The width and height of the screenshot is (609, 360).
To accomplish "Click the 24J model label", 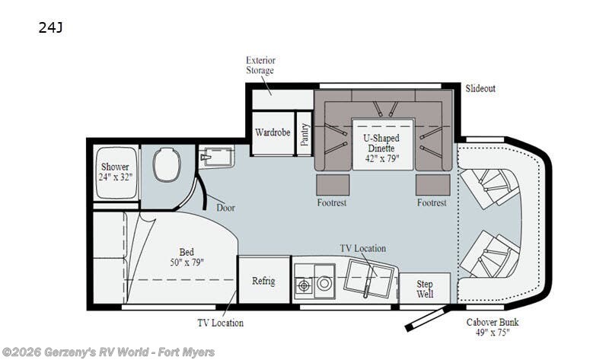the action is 50,27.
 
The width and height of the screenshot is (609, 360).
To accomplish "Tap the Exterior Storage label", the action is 260,65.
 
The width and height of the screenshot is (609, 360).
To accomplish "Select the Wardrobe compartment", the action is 273,133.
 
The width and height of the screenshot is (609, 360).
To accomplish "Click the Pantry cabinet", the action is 304,133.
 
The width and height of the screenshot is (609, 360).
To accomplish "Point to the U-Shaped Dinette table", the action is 383,144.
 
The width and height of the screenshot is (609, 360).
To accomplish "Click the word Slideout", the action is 480,88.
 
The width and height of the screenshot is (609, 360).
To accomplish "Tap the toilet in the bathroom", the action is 167,164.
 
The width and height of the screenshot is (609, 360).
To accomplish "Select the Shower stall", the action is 116,173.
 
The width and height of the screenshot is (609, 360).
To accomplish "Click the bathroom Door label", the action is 225,208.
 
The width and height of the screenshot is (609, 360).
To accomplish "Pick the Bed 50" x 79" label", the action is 187,257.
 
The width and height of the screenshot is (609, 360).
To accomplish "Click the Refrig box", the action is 263,279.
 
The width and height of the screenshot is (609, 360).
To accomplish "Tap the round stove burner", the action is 324,283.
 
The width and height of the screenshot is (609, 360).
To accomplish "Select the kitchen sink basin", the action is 369,279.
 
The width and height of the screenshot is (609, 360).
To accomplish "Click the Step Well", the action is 425,288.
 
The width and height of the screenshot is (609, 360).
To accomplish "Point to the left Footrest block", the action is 333,185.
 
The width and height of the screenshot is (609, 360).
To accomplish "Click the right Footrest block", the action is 433,185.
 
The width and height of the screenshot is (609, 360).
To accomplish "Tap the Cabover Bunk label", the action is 493,327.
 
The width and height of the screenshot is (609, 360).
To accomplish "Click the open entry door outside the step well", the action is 426,318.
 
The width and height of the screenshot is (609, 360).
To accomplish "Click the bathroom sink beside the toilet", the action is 216,156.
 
